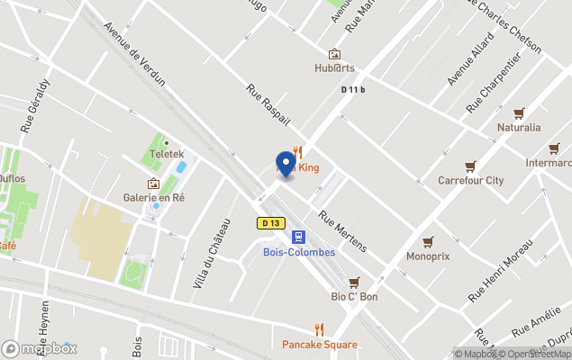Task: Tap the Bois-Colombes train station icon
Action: (299, 238)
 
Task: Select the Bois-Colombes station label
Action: (299, 252)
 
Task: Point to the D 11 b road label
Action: (353, 90)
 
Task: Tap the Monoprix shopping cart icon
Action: (428, 241)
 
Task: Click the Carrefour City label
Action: (470, 180)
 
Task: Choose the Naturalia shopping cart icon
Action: (519, 113)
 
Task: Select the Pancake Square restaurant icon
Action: (319, 330)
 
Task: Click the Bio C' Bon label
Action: (354, 296)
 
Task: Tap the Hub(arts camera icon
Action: (335, 54)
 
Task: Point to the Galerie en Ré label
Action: (154, 197)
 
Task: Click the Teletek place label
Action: (168, 155)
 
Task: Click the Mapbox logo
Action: (40, 348)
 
